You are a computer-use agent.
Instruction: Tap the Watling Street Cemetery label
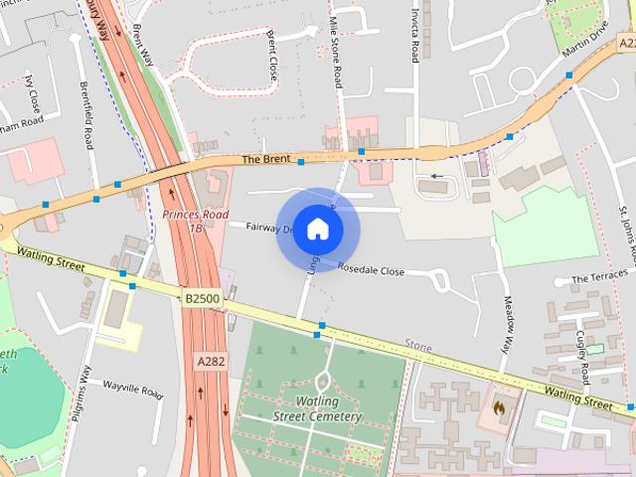(x=317, y=408)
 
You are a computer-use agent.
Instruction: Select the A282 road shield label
(x=211, y=362)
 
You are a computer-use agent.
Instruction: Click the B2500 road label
(x=202, y=297)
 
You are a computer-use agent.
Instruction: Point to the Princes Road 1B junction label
(x=196, y=222)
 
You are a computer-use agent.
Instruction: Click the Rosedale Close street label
(x=371, y=269)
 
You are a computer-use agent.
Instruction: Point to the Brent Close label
(x=272, y=55)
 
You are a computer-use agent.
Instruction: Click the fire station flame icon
(x=498, y=405)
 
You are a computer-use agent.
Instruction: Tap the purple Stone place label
(x=417, y=346)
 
